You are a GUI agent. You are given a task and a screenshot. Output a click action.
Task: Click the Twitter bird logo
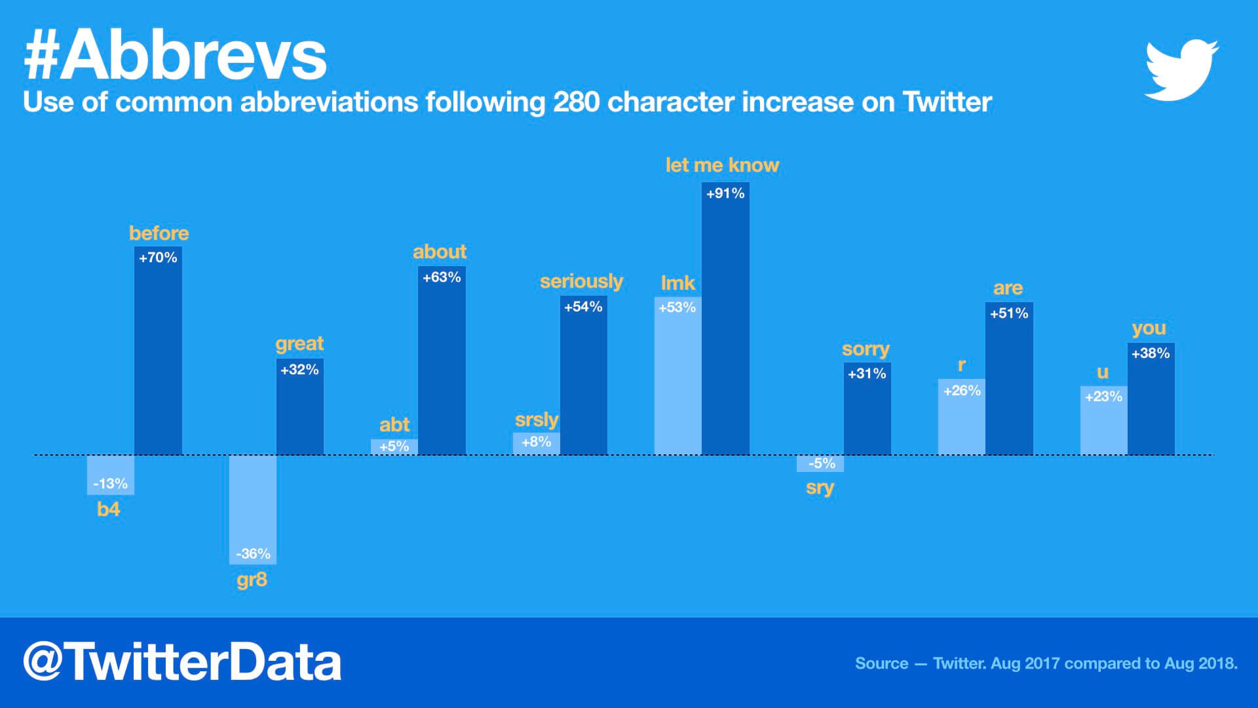(x=1181, y=70)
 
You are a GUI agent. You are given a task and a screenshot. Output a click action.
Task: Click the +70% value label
(x=158, y=258)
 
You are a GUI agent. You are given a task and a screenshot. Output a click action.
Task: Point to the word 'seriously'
(x=581, y=281)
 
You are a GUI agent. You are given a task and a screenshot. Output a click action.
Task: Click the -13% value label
(x=110, y=484)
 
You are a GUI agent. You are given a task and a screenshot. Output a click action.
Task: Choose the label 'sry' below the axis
(x=820, y=488)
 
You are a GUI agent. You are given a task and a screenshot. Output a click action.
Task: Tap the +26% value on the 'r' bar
(x=962, y=391)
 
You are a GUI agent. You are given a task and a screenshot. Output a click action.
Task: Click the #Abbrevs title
(x=175, y=56)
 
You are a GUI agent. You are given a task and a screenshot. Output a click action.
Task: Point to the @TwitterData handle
(x=182, y=662)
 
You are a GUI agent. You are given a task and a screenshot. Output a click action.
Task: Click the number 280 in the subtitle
(x=576, y=102)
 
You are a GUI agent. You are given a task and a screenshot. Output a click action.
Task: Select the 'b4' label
(x=109, y=509)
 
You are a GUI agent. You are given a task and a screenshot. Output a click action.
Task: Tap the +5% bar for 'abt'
(x=394, y=446)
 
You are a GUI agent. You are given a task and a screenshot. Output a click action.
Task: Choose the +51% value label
(x=1009, y=313)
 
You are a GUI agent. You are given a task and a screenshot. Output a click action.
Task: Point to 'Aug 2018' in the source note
(x=1200, y=663)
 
